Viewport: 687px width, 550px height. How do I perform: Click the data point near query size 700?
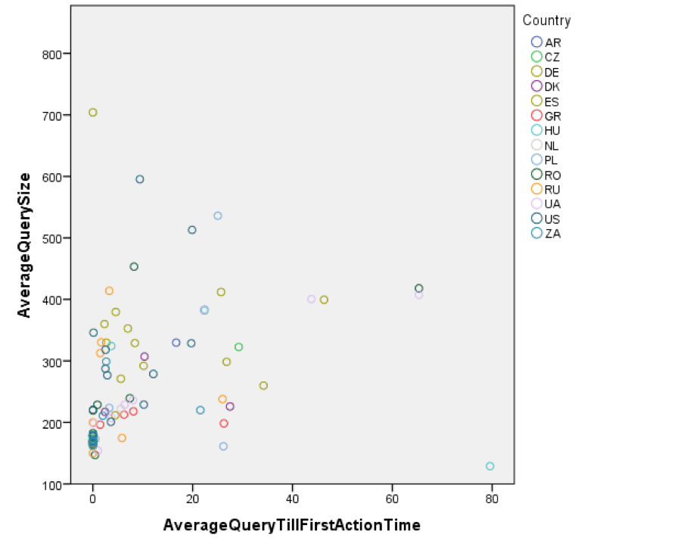[x=93, y=113]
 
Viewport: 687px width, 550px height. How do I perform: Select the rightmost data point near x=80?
[x=490, y=466]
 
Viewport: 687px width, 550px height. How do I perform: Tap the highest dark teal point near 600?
[x=140, y=179]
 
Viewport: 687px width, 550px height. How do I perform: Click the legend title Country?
[x=546, y=21]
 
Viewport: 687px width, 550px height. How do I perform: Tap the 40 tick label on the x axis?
[x=293, y=500]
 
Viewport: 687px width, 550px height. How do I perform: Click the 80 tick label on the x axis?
[x=493, y=500]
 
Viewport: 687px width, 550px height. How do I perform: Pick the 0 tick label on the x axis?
[x=93, y=500]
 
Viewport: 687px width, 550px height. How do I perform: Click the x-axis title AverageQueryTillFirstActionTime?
[x=292, y=525]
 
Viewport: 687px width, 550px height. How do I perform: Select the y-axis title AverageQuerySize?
[x=24, y=245]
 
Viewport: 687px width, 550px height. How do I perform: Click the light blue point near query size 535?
[x=218, y=216]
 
